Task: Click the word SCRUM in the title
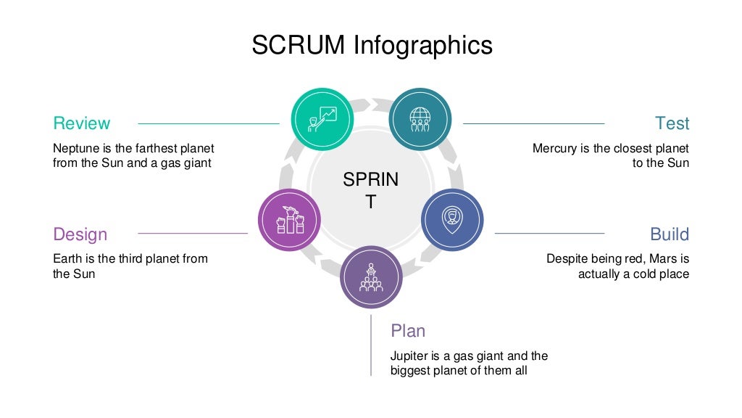tap(299, 45)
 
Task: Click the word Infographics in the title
tap(423, 45)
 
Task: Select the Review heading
tap(82, 123)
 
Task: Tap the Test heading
tap(672, 123)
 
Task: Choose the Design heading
tap(80, 234)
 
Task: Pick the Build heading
tap(669, 234)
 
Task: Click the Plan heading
tap(408, 331)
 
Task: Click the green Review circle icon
tap(322, 118)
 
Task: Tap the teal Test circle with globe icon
tap(420, 118)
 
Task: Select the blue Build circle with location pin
tap(453, 219)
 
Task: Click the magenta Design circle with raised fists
tap(289, 219)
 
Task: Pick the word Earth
tap(67, 258)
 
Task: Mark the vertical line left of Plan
tap(371, 345)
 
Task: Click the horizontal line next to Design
tap(193, 234)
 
